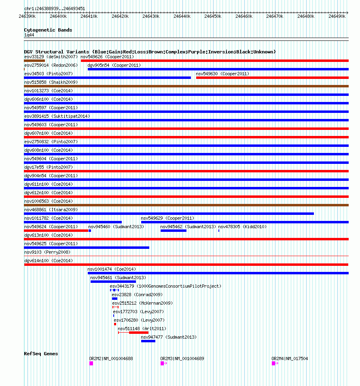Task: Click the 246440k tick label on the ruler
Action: pyautogui.click(x=182, y=16)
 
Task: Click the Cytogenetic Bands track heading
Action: pyautogui.click(x=48, y=30)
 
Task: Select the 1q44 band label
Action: pyautogui.click(x=29, y=35)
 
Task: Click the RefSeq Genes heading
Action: pyautogui.click(x=41, y=354)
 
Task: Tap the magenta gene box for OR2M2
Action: pyautogui.click(x=91, y=363)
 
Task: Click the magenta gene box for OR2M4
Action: pyautogui.click(x=273, y=363)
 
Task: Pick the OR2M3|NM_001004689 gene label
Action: pyautogui.click(x=182, y=358)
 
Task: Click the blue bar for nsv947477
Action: pyautogui.click(x=148, y=341)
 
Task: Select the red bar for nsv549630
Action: pyautogui.click(x=272, y=78)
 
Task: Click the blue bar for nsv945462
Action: pyautogui.click(x=173, y=231)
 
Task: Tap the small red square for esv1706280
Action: pyautogui.click(x=115, y=324)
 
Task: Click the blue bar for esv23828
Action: pyautogui.click(x=114, y=299)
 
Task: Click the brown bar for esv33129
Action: pyautogui.click(x=34, y=61)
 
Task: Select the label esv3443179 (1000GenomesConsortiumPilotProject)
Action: pyautogui.click(x=165, y=286)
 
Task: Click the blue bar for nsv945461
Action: pyautogui.click(x=113, y=282)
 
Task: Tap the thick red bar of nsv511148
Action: pyautogui.click(x=139, y=333)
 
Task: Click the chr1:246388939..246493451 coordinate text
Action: pyautogui.click(x=55, y=8)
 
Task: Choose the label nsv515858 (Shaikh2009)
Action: pyautogui.click(x=51, y=82)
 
